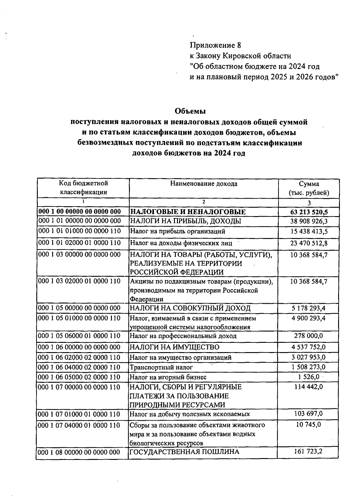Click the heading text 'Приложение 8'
215,45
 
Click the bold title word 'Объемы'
190,111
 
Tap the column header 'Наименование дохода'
204,184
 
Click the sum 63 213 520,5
309,212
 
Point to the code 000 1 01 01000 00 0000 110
79,231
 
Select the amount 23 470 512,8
309,243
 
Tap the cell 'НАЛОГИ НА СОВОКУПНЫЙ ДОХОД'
190,308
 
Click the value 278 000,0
309,336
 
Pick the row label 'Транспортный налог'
161,367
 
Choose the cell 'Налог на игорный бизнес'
168,377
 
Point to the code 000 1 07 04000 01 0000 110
79,425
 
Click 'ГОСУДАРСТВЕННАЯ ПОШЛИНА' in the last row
184,452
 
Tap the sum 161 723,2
309,451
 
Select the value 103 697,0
309,414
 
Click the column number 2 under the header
204,202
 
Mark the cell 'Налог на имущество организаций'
180,358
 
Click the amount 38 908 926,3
309,222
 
